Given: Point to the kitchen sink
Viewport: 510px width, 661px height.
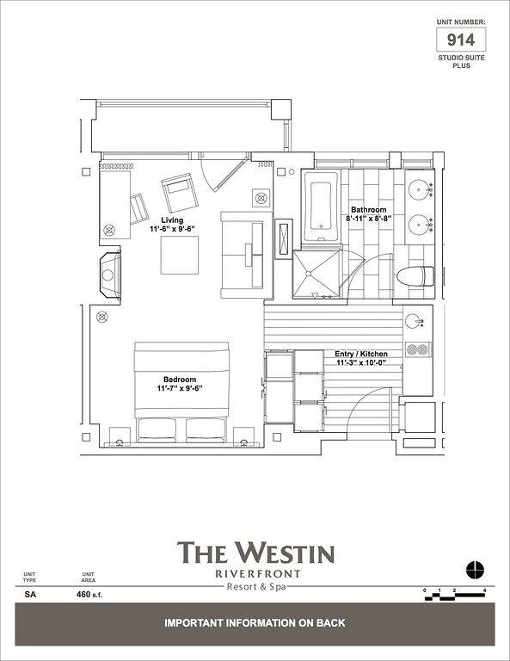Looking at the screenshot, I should (x=415, y=321).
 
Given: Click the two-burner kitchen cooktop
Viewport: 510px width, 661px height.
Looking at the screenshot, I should (x=417, y=349).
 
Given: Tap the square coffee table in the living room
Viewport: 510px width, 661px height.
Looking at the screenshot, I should (x=181, y=254).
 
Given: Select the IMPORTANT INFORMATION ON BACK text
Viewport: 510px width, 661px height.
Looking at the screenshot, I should (x=255, y=622).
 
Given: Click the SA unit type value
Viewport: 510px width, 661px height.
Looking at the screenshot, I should (x=30, y=594).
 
